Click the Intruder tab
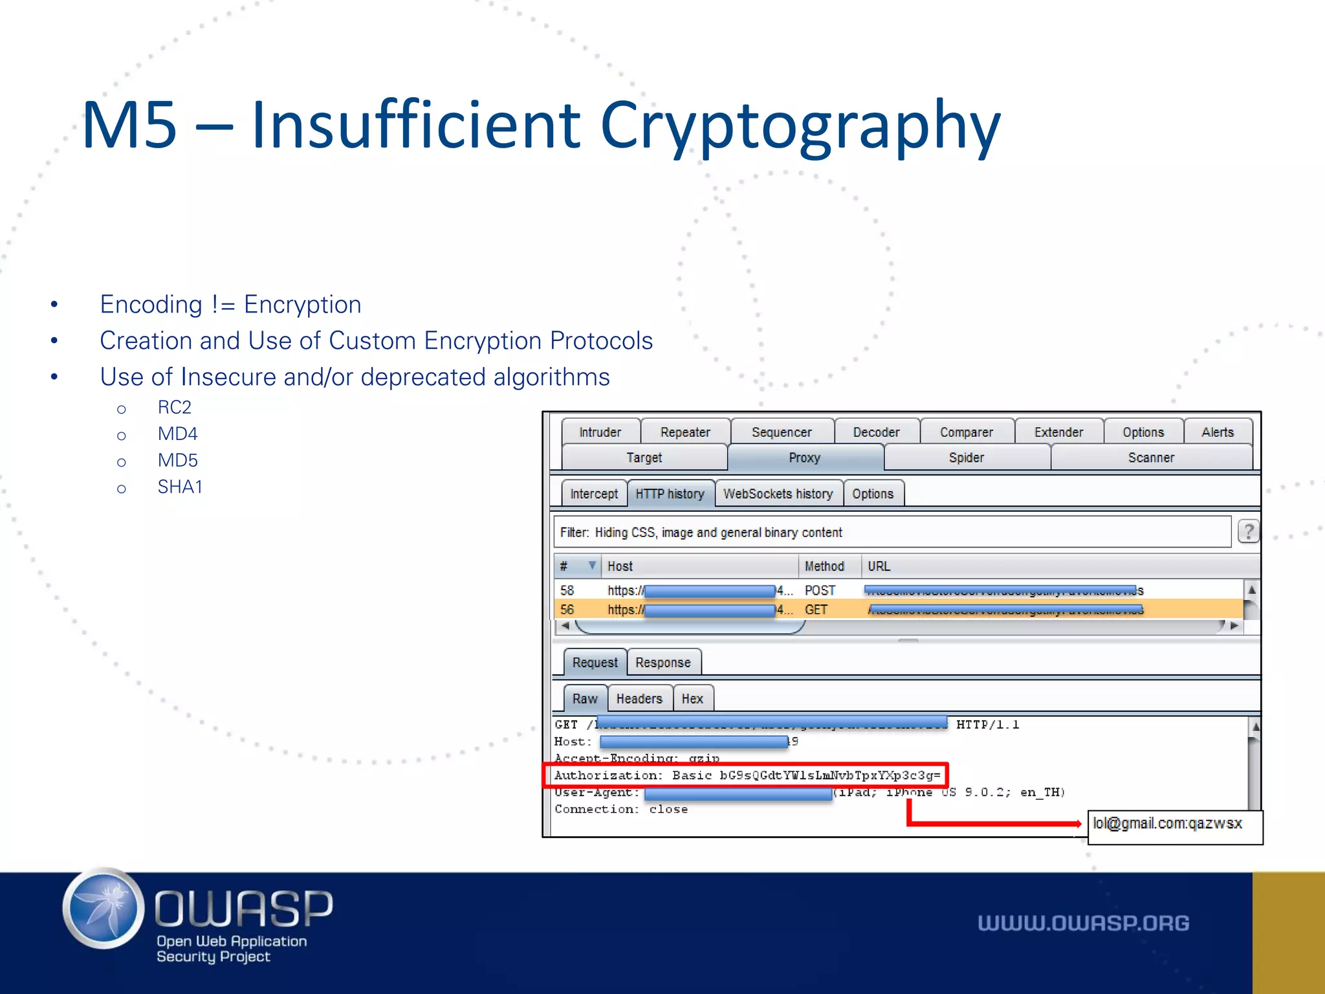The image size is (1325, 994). (x=600, y=432)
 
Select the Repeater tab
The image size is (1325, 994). (x=685, y=432)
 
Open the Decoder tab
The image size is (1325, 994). (x=876, y=432)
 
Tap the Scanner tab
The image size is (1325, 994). (x=1151, y=458)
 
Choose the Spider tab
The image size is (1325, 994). (x=966, y=458)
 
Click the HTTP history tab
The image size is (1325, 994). (x=670, y=494)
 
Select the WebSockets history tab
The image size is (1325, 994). (x=778, y=494)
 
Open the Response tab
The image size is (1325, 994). (x=662, y=663)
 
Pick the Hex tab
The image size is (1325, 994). (x=692, y=699)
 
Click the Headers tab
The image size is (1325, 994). (x=639, y=699)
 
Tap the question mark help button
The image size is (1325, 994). (x=1248, y=532)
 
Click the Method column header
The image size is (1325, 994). (x=824, y=566)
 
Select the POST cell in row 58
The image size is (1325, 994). (x=820, y=590)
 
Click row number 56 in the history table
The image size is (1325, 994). (x=567, y=610)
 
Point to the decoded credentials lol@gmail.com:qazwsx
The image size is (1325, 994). (x=1168, y=824)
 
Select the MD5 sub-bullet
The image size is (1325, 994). (x=178, y=460)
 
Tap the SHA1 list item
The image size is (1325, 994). (x=180, y=487)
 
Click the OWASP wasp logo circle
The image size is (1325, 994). (x=104, y=908)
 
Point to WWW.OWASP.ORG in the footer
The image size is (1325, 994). (x=1083, y=923)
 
